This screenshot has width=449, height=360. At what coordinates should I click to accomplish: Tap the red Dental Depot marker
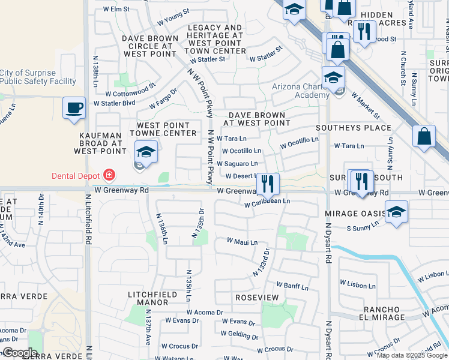[109, 175]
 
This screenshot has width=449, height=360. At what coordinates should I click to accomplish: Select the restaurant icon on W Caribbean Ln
[267, 184]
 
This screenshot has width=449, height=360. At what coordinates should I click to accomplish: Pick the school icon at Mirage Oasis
[396, 212]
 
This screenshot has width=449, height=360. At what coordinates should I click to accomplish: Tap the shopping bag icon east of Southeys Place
[424, 136]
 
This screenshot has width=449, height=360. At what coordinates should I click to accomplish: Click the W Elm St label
[116, 9]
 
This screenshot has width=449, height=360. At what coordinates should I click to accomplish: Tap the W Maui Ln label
[242, 242]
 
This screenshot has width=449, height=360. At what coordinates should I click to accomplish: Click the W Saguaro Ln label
[237, 163]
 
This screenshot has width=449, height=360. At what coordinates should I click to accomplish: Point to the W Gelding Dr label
[240, 334]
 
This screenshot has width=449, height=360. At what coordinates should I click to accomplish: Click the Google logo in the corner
[20, 353]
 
